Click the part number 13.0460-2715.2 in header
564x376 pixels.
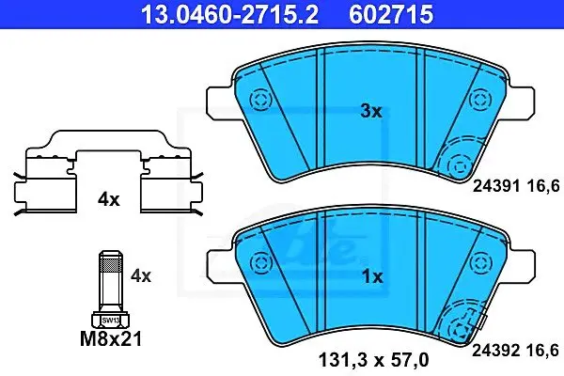point(229,14)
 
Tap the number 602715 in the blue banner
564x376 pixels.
point(391,14)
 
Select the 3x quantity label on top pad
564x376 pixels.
point(371,111)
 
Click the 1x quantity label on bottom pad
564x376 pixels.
point(372,276)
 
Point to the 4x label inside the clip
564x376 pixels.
point(109,199)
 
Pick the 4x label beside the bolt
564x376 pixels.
point(141,276)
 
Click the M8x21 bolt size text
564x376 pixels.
point(111,338)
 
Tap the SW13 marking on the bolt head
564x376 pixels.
point(110,320)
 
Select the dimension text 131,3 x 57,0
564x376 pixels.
point(374,360)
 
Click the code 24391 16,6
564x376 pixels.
point(516,186)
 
